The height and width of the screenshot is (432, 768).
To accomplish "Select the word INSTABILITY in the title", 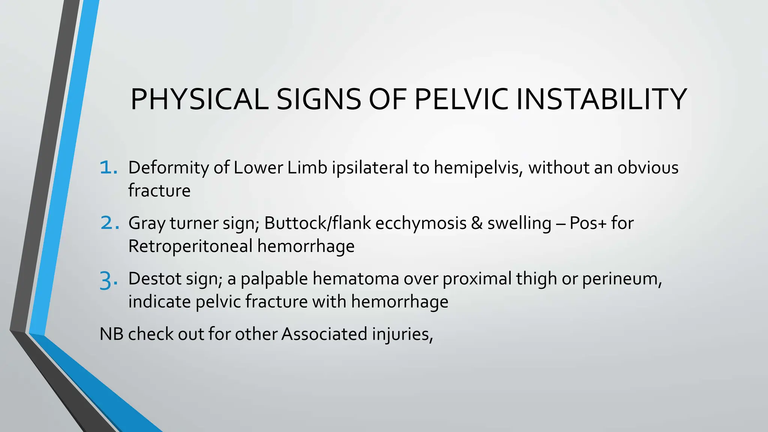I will coord(601,99).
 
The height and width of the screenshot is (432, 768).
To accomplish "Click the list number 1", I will coord(108,168).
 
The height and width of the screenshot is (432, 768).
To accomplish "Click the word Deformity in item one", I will coord(168,168).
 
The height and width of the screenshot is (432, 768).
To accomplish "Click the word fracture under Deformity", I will coord(159,190).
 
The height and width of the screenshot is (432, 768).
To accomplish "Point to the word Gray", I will coord(147,223).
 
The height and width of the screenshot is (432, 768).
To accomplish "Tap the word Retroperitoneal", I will coord(190,246).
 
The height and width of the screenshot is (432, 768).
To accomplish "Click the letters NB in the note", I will coord(111,334).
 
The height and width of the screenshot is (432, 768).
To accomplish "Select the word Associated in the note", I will coord(324,334).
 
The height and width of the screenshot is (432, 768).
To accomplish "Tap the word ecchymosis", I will coord(421,223).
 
